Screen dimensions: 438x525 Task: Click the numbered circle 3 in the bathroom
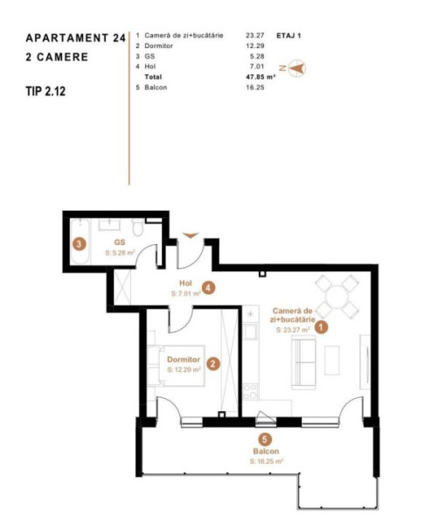coord(79,244)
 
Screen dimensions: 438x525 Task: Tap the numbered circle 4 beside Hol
coord(208,288)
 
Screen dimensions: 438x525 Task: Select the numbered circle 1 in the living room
coord(321,327)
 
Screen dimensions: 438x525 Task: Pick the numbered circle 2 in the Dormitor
coord(213,364)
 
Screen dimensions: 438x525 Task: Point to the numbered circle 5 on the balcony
coord(265,439)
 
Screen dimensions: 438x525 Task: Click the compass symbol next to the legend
coord(296,68)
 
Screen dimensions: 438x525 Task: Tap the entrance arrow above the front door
coord(191,235)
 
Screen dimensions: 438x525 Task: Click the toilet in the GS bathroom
coord(137,227)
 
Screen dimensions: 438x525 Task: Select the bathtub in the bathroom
coord(80,242)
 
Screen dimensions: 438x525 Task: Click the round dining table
coord(337,297)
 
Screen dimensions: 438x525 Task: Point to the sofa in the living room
coord(304,362)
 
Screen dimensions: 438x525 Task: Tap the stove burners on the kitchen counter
coord(250,392)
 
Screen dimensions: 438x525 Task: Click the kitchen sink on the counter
coord(251,332)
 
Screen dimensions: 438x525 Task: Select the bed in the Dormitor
coord(177,366)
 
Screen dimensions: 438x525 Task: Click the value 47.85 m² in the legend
coord(261,77)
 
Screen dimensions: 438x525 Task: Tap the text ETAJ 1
coord(289,36)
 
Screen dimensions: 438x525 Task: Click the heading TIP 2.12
coord(45,91)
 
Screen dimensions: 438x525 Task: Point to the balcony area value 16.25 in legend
coord(255,87)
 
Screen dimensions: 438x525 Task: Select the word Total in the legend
coord(153,77)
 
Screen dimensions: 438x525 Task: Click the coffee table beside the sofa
coord(332,360)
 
